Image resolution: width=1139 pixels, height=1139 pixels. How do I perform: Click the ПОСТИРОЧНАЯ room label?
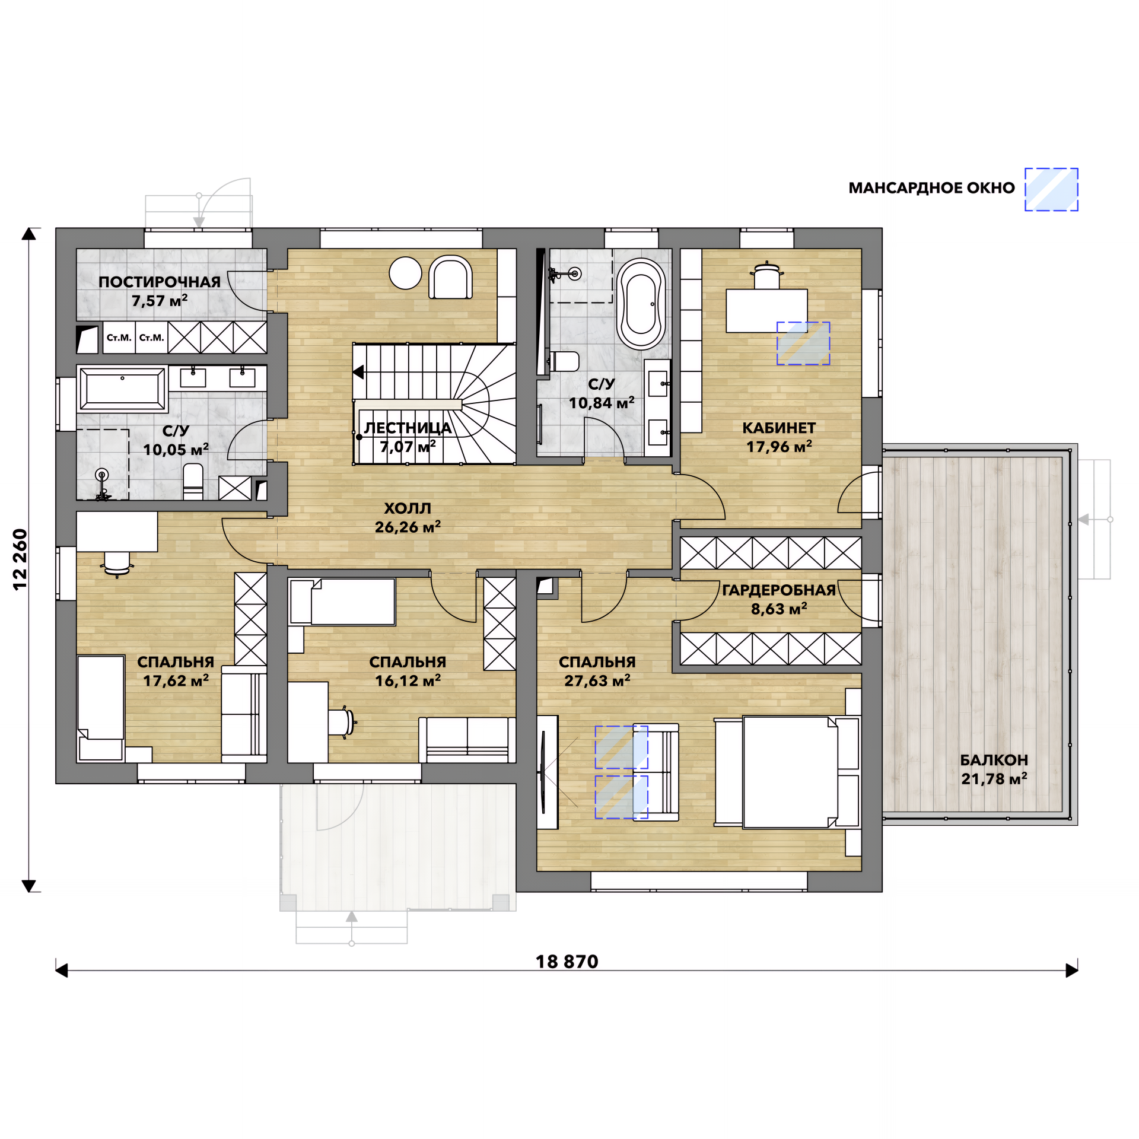click(x=160, y=282)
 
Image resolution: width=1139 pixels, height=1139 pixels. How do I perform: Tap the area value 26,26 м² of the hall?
click(x=408, y=527)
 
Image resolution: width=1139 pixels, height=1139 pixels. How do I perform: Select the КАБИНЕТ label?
click(x=779, y=428)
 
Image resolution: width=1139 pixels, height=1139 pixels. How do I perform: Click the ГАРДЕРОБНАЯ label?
click(x=779, y=590)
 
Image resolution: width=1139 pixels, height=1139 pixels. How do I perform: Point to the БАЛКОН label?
click(x=994, y=760)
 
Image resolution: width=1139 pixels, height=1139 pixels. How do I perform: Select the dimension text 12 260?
click(x=20, y=559)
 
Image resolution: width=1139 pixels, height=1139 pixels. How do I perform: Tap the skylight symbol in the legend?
click(x=1051, y=189)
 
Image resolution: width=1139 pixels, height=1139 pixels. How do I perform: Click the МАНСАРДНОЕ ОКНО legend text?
click(x=931, y=188)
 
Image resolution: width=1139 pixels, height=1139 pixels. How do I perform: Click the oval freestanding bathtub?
click(x=641, y=304)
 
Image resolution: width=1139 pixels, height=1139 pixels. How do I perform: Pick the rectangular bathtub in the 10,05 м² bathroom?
click(x=123, y=389)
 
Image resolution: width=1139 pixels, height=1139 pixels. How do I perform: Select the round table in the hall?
click(x=405, y=273)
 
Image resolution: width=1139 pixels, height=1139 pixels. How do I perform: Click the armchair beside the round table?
click(x=451, y=277)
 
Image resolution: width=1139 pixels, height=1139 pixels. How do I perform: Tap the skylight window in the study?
click(x=803, y=343)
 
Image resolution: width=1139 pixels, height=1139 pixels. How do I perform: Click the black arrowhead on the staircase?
click(x=358, y=372)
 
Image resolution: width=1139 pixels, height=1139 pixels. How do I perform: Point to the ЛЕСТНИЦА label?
click(x=408, y=428)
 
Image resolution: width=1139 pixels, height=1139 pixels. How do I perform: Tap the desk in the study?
click(x=766, y=310)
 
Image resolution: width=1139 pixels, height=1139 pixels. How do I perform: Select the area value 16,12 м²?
click(x=408, y=681)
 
